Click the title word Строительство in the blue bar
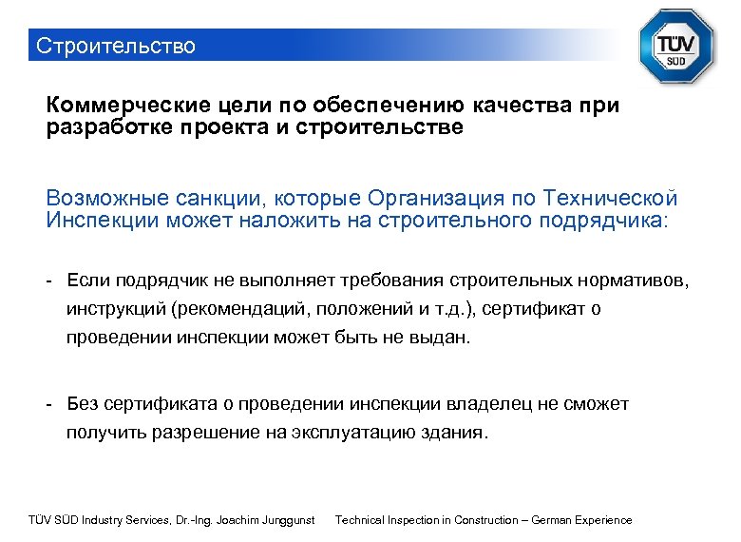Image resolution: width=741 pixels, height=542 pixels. coord(114,46)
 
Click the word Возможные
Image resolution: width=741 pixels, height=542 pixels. coord(104,199)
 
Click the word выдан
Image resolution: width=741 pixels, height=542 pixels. coord(442,338)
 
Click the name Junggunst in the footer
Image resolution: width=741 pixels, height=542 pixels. coord(287,520)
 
